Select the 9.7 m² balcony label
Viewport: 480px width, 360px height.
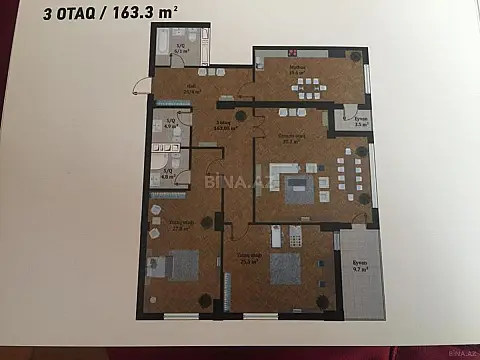360,267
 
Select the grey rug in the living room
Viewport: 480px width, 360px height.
300,190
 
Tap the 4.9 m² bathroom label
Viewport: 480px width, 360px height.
170,126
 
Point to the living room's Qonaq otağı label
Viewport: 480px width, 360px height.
291,138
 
